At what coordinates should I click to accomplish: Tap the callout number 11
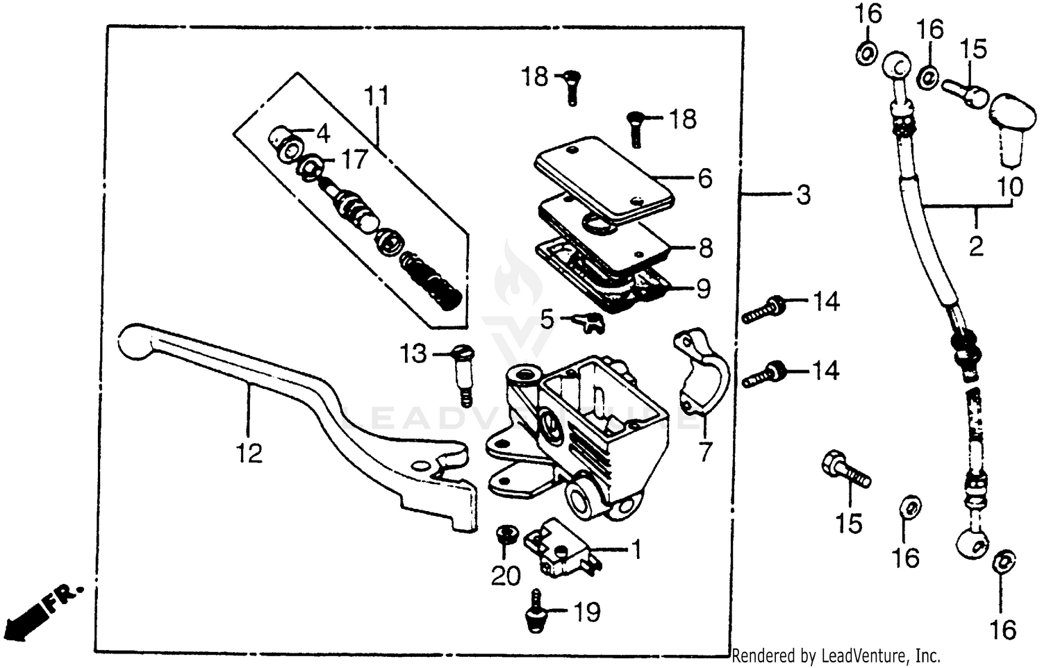(x=377, y=96)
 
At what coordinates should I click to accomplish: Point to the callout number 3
(x=803, y=195)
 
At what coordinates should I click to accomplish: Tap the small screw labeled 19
(x=535, y=611)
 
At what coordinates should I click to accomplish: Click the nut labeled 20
(x=507, y=535)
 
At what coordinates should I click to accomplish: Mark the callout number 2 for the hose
(x=976, y=245)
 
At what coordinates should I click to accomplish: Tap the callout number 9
(x=703, y=288)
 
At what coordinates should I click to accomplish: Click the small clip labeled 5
(x=588, y=322)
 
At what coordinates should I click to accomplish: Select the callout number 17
(x=354, y=160)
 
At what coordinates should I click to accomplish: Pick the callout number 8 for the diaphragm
(x=705, y=248)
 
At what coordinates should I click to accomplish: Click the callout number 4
(x=322, y=133)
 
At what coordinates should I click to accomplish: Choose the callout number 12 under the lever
(x=248, y=453)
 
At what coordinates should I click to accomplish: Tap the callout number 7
(x=705, y=452)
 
